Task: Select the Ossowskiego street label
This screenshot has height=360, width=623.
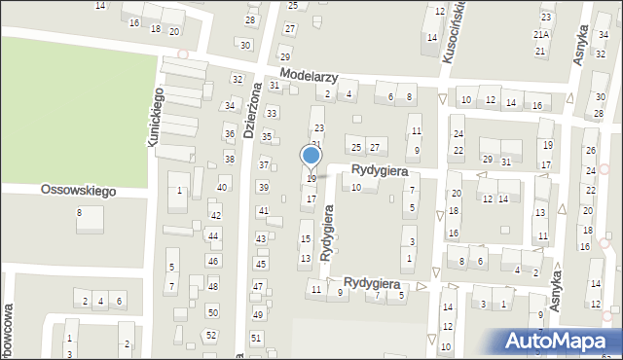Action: pyautogui.click(x=78, y=191)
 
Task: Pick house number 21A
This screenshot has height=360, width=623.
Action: pyautogui.click(x=541, y=34)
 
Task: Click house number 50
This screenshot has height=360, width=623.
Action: pyautogui.click(x=212, y=311)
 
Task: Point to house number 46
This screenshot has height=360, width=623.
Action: pyautogui.click(x=212, y=261)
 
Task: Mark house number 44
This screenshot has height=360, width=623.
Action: pyautogui.click(x=212, y=236)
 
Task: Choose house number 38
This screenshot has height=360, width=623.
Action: pyautogui.click(x=230, y=159)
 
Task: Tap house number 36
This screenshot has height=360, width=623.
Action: pyautogui.click(x=230, y=133)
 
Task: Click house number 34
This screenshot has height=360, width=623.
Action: pyautogui.click(x=230, y=105)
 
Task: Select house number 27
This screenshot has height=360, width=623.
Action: pyautogui.click(x=374, y=147)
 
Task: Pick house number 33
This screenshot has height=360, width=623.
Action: pyautogui.click(x=272, y=114)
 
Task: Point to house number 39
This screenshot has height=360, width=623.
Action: pyautogui.click(x=263, y=187)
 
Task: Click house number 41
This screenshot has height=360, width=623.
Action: pyautogui.click(x=263, y=211)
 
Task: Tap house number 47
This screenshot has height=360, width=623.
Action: pyautogui.click(x=258, y=286)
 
